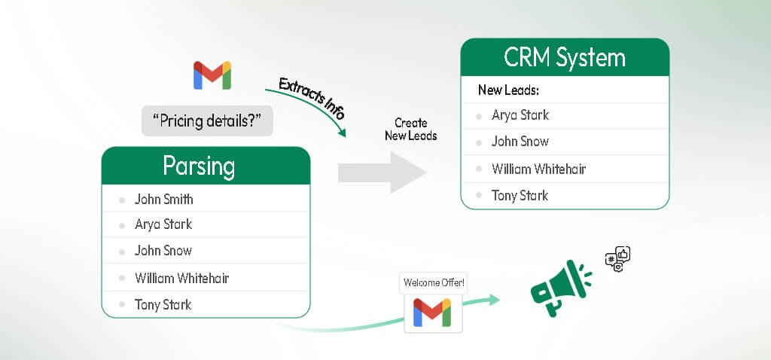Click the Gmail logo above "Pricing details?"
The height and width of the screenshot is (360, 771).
click(x=212, y=76)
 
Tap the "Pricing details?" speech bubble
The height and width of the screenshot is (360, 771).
click(x=206, y=120)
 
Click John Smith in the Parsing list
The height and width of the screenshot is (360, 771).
click(x=163, y=200)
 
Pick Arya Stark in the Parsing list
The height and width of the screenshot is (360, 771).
click(x=163, y=224)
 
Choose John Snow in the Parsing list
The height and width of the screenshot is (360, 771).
click(x=163, y=251)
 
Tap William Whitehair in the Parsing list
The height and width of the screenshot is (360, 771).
click(x=181, y=278)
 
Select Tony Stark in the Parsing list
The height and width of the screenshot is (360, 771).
click(x=163, y=304)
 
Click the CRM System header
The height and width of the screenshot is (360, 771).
click(x=565, y=58)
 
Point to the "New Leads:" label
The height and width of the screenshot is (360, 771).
click(x=508, y=90)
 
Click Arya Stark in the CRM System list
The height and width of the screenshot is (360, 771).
click(x=520, y=115)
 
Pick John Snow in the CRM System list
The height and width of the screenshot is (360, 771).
click(x=520, y=142)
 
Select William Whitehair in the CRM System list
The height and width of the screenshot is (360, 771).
click(x=538, y=169)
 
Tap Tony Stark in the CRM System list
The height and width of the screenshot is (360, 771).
click(x=520, y=196)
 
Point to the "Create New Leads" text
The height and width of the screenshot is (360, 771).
click(x=410, y=129)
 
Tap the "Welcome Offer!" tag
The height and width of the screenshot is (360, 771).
click(x=434, y=283)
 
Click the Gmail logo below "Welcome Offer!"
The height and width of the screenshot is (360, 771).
click(x=432, y=313)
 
